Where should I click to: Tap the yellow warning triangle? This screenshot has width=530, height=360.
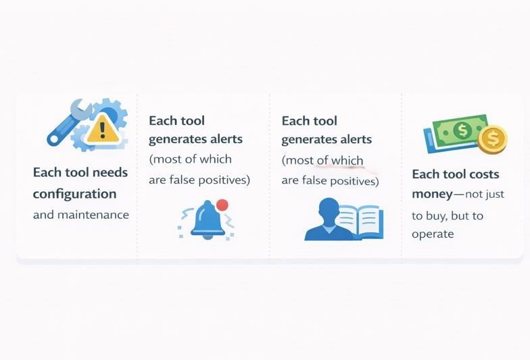(103, 128)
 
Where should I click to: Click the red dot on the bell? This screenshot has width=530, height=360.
(222, 205)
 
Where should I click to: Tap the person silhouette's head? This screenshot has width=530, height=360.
(327, 209)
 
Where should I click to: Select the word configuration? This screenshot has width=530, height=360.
(74, 194)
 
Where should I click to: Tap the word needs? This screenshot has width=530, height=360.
(109, 172)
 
